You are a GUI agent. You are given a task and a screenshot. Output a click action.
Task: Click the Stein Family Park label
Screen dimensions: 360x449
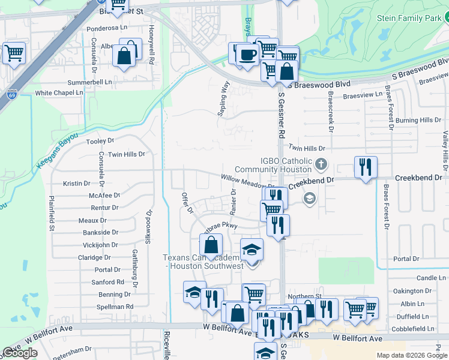[x=408, y=18]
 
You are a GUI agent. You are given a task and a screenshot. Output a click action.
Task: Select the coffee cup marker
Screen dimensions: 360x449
[x=247, y=55]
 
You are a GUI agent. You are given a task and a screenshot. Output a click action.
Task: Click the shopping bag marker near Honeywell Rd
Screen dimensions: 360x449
[x=124, y=56]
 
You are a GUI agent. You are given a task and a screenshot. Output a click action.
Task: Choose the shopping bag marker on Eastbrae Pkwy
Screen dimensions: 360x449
[x=211, y=245]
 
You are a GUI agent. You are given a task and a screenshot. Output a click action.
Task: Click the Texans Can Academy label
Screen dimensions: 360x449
[x=203, y=262]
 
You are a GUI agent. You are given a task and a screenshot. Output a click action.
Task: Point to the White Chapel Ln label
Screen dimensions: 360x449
[x=59, y=93]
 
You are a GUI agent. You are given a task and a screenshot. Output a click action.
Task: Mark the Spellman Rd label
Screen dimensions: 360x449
[x=115, y=307]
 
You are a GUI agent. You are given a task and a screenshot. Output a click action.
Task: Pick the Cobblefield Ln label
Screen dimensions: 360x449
[x=412, y=329]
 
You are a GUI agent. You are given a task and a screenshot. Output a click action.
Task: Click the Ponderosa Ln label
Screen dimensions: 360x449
[x=107, y=28]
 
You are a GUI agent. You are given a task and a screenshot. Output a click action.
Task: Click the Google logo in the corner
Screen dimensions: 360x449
[x=20, y=353]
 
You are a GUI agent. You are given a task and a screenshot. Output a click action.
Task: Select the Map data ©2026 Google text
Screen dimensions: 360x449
[x=410, y=355]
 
